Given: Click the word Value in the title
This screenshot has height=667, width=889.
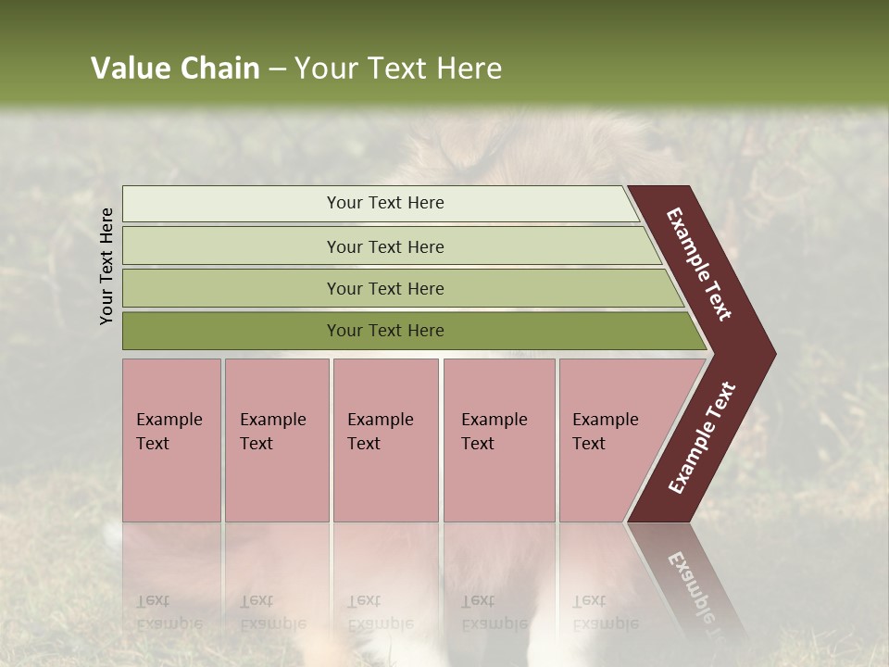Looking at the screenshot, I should pos(129,69).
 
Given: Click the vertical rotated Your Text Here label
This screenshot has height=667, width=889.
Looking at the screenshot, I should pos(106,266).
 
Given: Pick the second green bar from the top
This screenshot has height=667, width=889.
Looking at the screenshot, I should pos(384,246).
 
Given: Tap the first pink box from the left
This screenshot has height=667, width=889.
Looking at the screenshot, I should pos(171,440).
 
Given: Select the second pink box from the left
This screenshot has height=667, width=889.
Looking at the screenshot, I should pos(277,440).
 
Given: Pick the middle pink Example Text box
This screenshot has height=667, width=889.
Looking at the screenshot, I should pos(385,440).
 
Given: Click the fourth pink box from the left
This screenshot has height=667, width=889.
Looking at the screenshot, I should pos(499,440).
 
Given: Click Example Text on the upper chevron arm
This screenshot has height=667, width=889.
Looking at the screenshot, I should pos(700,265).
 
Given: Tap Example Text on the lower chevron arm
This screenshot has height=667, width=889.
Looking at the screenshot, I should pos(702,438).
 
